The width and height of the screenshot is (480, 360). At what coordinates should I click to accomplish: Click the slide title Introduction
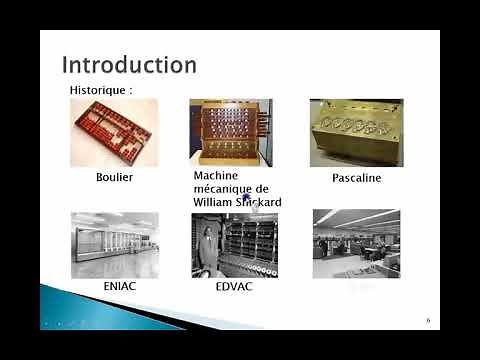click(x=129, y=65)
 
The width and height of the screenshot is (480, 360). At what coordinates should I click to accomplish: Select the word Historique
click(x=97, y=89)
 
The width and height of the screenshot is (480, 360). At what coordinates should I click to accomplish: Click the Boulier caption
click(x=114, y=177)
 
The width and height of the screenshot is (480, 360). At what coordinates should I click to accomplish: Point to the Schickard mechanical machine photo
click(x=231, y=132)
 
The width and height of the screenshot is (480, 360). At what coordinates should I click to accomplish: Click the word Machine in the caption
click(x=215, y=175)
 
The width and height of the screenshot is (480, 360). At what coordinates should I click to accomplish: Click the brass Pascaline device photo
click(x=355, y=132)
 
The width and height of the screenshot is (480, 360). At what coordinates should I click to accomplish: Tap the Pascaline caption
click(x=356, y=178)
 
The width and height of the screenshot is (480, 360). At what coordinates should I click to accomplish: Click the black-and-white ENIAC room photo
click(x=114, y=244)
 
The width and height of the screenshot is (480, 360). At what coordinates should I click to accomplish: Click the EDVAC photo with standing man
click(x=234, y=244)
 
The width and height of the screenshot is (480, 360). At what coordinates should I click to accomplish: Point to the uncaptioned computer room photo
click(x=356, y=243)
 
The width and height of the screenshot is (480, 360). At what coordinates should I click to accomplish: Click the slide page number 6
click(x=427, y=321)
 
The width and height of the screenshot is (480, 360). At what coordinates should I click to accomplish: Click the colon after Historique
click(x=130, y=90)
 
